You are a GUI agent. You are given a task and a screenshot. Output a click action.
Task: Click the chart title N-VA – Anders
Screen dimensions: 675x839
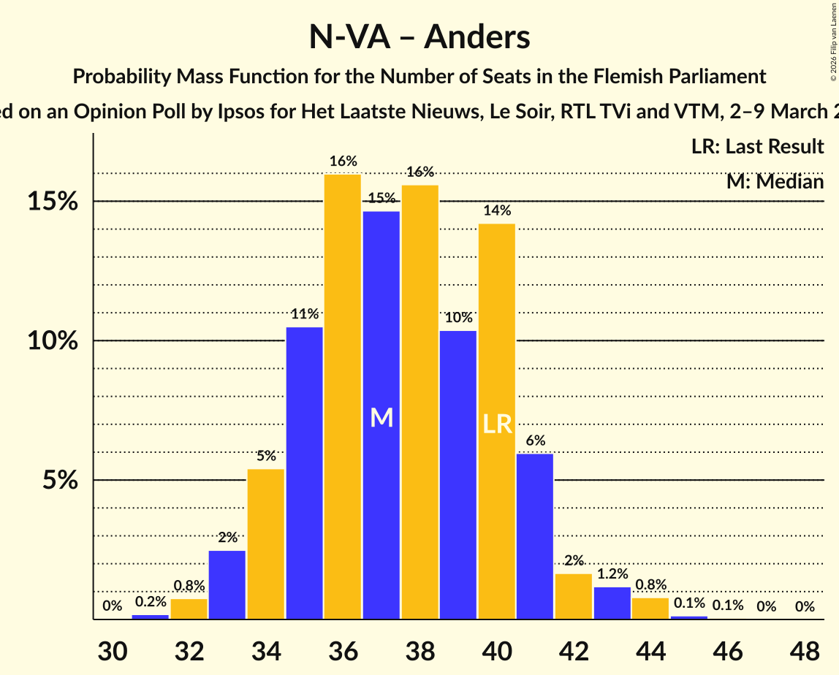point(419,37)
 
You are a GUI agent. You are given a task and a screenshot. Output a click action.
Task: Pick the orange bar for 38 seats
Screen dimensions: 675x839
point(420,402)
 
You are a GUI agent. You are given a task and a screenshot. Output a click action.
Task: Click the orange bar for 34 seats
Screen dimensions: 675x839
point(266,544)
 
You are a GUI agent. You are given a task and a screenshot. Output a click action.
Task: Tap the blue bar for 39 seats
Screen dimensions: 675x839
point(458,475)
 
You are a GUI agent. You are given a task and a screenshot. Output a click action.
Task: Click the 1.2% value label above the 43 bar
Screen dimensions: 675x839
point(612,574)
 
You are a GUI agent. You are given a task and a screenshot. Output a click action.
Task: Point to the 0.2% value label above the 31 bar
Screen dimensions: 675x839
point(151,602)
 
